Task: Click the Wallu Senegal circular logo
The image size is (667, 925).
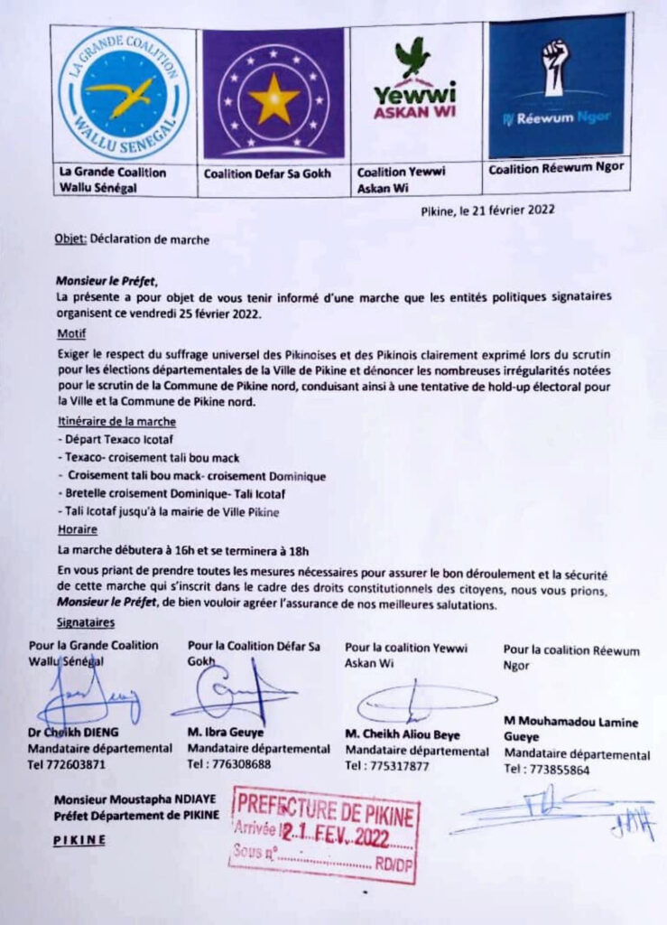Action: pyautogui.click(x=123, y=93)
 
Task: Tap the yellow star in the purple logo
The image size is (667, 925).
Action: pyautogui.click(x=274, y=98)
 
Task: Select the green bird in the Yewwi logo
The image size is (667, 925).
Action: pyautogui.click(x=413, y=56)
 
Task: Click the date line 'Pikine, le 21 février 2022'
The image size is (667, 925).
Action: pyautogui.click(x=487, y=210)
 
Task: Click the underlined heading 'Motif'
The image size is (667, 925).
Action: pyautogui.click(x=69, y=333)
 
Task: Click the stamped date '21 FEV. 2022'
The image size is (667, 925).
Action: pyautogui.click(x=344, y=834)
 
